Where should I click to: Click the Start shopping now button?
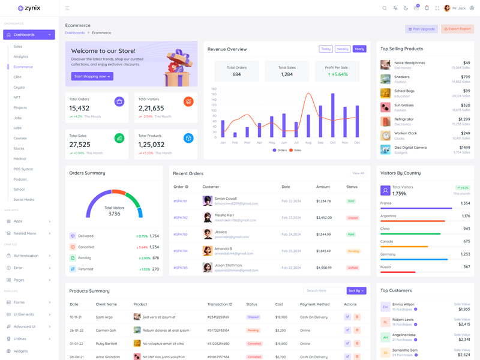click(92, 76)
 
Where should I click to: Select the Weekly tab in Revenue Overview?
click(343, 49)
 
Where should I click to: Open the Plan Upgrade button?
click(422, 29)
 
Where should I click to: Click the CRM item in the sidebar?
click(17, 77)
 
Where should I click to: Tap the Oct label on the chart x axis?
click(332, 143)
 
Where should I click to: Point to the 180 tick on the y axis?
click(214, 89)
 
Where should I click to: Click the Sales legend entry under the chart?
click(296, 150)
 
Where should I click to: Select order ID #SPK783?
click(181, 235)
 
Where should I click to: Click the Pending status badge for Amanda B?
click(353, 251)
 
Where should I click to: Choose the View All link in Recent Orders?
click(358, 173)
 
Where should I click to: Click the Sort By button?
click(356, 291)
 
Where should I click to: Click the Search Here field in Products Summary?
click(324, 291)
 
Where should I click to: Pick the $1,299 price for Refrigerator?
click(464, 119)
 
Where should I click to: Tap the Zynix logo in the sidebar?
click(29, 8)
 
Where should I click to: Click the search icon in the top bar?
click(385, 8)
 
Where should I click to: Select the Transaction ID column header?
click(220, 305)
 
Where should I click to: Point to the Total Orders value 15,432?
click(79, 109)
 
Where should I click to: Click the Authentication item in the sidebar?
click(26, 256)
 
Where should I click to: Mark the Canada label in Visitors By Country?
click(387, 241)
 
